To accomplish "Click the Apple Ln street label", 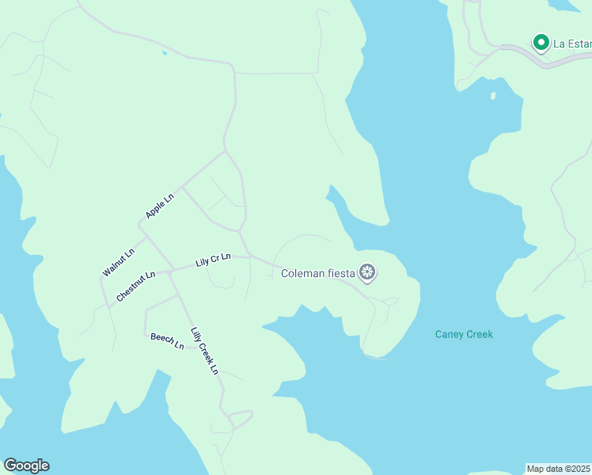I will pos(159,206).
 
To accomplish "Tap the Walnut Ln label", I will pos(118,263).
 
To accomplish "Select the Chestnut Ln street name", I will pos(135,287).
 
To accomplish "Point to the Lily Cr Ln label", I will pos(213,260).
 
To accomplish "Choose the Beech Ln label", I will pos(167,341).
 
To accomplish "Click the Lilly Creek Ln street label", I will pos(204,351).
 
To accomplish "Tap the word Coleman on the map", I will pos(302,274).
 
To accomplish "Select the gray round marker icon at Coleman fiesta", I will pos(367,273).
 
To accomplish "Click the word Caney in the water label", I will pos(450,334).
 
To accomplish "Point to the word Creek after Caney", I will pos(479,334).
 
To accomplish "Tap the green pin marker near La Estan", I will pos(541,42).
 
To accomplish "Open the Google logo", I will pos(26,465).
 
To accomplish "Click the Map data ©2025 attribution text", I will pos(558,469).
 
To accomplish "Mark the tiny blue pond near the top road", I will pos(164,53).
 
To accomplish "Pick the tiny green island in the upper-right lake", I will pos(492,96).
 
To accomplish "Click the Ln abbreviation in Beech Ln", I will pos(179,345).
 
